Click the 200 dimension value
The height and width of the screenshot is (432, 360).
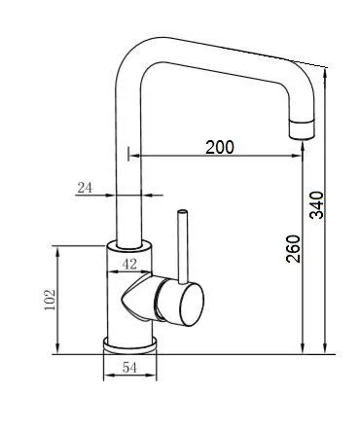coord(220,147)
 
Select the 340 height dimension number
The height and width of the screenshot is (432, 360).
coord(317,205)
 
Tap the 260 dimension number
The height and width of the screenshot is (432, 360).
coord(293,249)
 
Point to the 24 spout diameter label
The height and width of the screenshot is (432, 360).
coord(85,188)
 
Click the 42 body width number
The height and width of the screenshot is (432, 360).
coord(129,265)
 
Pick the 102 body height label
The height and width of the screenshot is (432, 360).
coord(51,300)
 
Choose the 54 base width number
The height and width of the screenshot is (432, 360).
coord(129,368)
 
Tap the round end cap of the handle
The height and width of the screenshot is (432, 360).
coord(192,304)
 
